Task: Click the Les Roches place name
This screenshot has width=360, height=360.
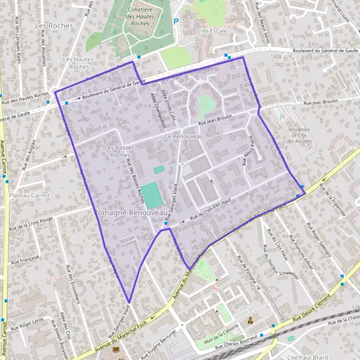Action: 54,26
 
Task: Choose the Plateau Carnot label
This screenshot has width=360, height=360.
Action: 28,196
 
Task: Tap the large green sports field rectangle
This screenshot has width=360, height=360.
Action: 152,196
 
